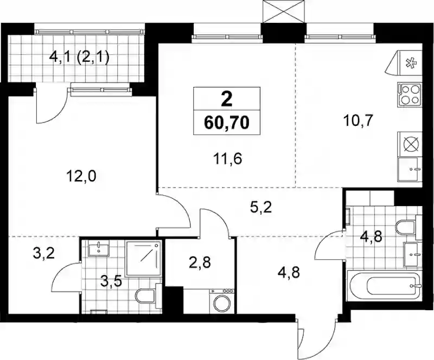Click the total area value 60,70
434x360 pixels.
click(227, 123)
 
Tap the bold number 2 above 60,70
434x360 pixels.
click(227, 100)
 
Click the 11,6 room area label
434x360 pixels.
click(228, 159)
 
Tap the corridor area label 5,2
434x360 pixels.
click(261, 208)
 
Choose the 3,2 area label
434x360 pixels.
click(43, 253)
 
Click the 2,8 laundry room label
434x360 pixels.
click(200, 262)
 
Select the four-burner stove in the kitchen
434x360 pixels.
click(410, 94)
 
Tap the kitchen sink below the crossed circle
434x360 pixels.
click(410, 169)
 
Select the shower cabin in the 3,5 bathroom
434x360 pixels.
click(143, 259)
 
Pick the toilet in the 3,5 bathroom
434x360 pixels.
click(148, 297)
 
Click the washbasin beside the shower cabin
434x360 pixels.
click(99, 248)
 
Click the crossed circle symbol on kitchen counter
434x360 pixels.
click(410, 144)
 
